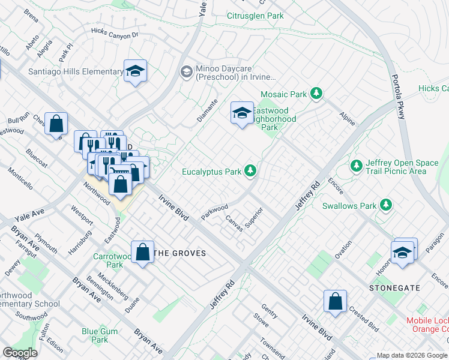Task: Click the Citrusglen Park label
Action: [255, 16]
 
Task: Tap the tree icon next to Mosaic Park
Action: [316, 94]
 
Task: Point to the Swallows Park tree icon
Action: [385, 206]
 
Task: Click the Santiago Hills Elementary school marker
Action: [136, 72]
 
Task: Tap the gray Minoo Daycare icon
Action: [187, 72]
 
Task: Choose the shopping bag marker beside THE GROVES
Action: [143, 252]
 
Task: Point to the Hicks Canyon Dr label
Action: [115, 34]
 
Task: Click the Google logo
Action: [20, 353]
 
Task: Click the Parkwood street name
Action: [214, 212]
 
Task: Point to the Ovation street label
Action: [343, 250]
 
